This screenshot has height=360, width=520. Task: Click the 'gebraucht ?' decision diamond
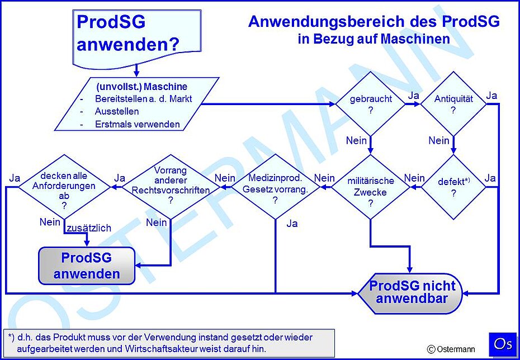pos(371,104)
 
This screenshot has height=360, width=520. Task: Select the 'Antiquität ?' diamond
pos(453,104)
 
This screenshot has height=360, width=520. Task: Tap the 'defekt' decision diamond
pos(453,187)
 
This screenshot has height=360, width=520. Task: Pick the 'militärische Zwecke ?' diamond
pos(371,187)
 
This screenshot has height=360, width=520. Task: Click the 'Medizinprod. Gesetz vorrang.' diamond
pos(275,187)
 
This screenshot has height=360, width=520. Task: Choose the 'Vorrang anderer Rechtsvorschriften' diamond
pos(171,187)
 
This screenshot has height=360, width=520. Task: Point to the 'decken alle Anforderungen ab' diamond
pos(64,187)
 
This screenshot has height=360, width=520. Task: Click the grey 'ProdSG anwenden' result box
pos(87,266)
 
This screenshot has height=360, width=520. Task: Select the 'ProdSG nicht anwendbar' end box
pos(410,293)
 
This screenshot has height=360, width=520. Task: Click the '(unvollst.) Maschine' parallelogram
pos(137,104)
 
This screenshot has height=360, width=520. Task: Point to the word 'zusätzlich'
pos(89,228)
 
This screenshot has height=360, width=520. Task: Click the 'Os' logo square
pos(503,344)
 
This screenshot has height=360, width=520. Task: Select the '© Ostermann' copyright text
pos(451,349)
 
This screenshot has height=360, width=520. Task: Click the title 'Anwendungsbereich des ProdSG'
pos(374,22)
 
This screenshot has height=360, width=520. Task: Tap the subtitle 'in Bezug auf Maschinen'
pos(374,39)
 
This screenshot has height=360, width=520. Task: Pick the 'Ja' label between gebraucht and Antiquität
pos(414,96)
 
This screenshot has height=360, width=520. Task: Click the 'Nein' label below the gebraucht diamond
pos(356,140)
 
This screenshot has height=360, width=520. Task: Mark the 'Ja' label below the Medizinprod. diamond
pos(292,224)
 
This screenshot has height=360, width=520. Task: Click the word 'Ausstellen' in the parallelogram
pos(117,111)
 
